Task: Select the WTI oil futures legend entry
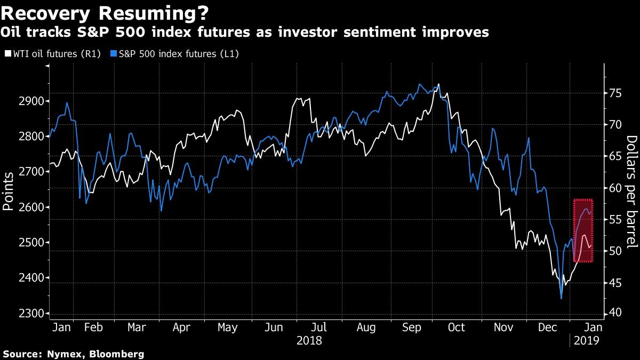click(52, 54)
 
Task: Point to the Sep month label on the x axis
click(411, 327)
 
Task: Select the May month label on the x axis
click(228, 327)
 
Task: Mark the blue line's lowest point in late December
click(561, 299)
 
